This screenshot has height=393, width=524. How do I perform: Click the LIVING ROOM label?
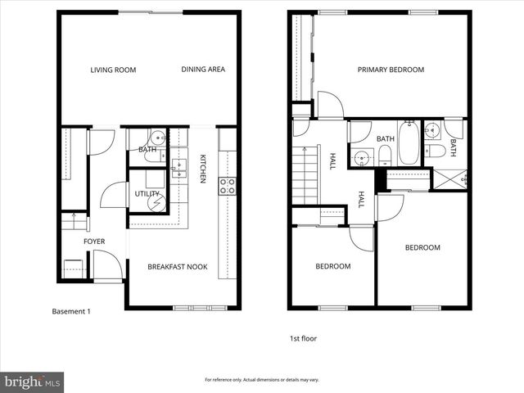113,70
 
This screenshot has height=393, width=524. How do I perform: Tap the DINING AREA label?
202,70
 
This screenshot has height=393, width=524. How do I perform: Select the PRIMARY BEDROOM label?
391,70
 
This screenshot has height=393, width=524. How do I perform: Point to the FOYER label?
94,242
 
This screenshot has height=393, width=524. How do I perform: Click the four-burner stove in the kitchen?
227,187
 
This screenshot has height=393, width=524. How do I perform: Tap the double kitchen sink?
178,169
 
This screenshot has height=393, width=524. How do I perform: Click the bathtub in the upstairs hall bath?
409,138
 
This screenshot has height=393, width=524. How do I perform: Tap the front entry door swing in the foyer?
106,265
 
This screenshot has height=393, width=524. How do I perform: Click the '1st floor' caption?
303,338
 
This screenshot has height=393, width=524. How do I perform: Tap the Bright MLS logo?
33,382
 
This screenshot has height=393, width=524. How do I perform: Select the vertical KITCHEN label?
203,168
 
